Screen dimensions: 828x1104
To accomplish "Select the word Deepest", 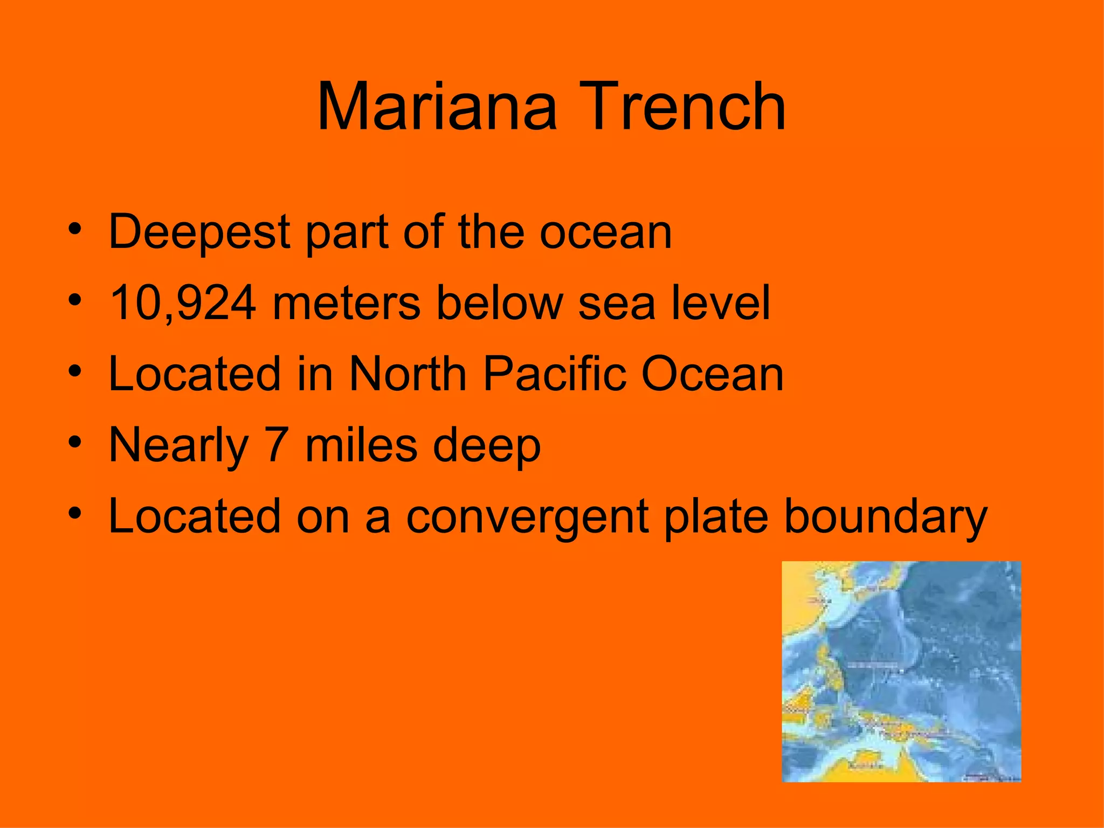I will click(x=200, y=232).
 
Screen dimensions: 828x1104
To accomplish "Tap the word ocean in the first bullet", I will click(x=606, y=232).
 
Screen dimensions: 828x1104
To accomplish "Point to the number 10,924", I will click(x=183, y=303).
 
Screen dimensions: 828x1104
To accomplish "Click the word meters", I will click(x=346, y=303).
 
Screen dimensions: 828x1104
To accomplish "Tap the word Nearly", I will click(x=178, y=446).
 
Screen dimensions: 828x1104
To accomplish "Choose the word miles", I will click(x=361, y=445).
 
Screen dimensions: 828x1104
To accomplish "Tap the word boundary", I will click(x=885, y=517).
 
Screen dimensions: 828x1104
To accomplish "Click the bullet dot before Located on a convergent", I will click(x=75, y=514).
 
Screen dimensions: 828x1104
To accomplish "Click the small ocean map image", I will click(x=901, y=671).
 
